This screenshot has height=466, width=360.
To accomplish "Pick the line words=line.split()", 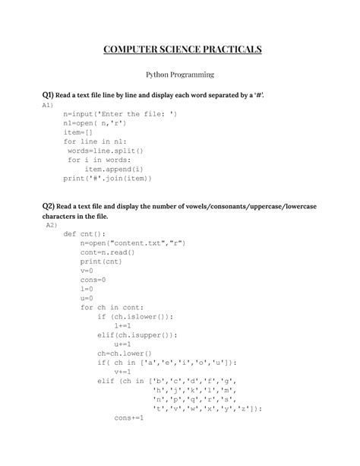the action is pos(102,151).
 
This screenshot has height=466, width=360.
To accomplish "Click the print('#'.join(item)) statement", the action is pos(107,179).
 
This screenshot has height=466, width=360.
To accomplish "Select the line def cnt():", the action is pos(85,235).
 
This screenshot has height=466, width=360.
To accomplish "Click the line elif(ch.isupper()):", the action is pos(137,336).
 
